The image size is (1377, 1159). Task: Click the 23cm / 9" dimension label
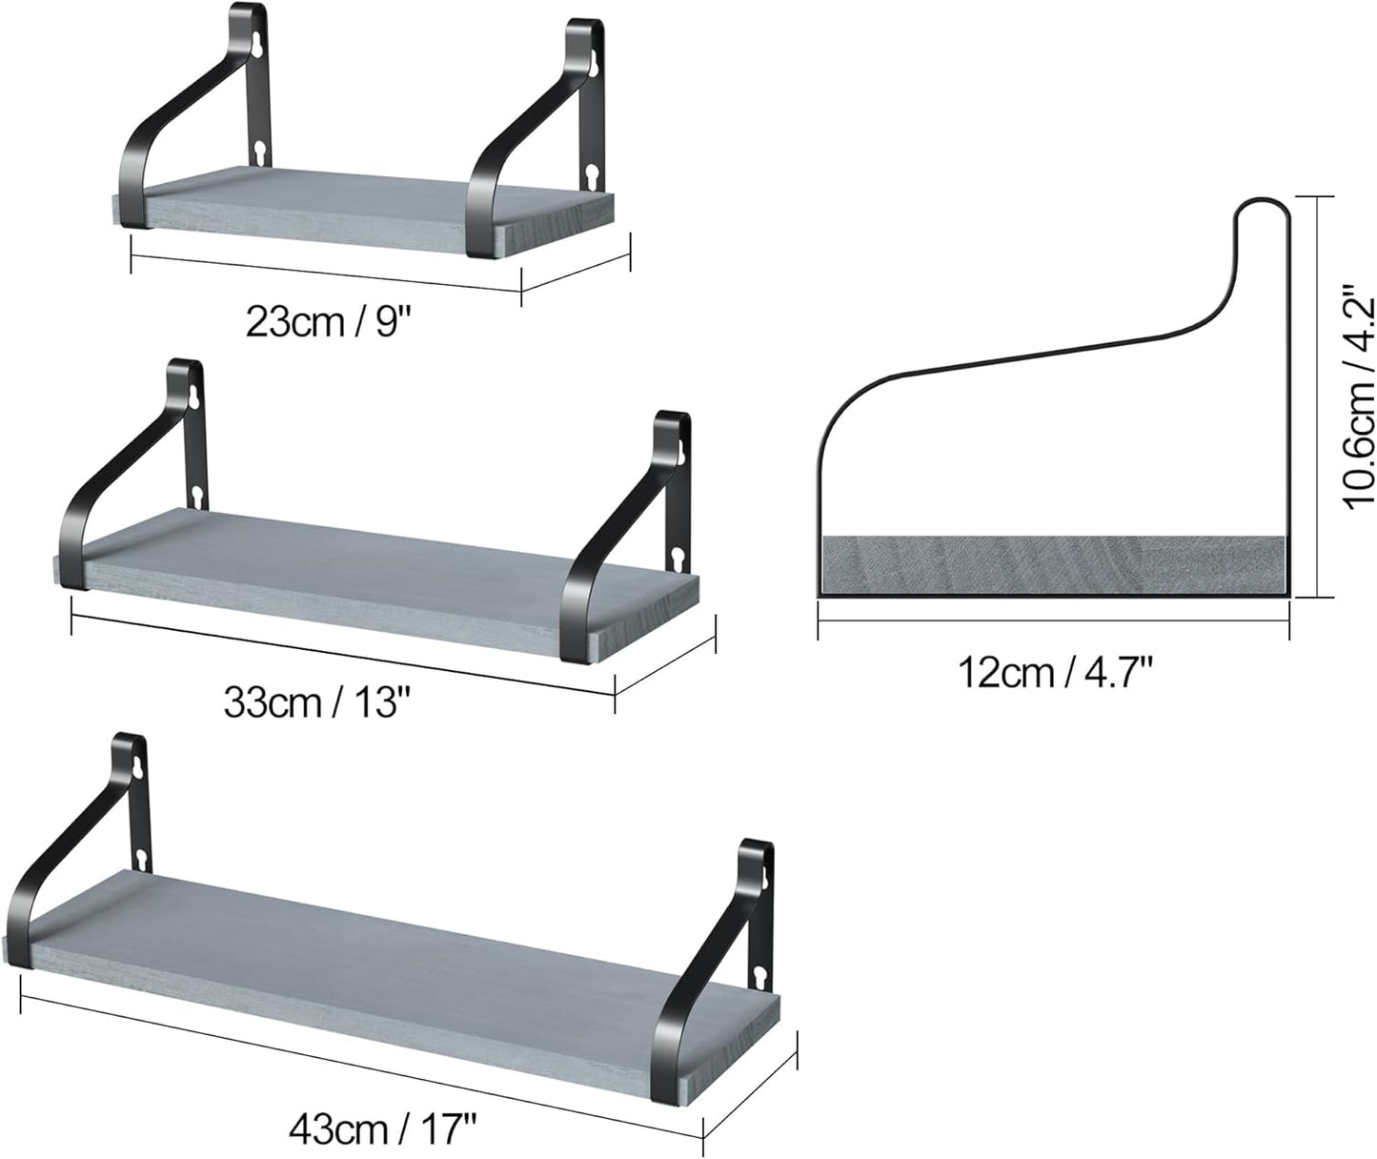tap(328, 322)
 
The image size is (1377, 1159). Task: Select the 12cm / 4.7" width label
tap(1055, 672)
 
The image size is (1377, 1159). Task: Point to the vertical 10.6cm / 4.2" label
tap(1359, 396)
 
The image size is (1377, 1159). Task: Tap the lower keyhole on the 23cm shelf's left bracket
tap(259, 153)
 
